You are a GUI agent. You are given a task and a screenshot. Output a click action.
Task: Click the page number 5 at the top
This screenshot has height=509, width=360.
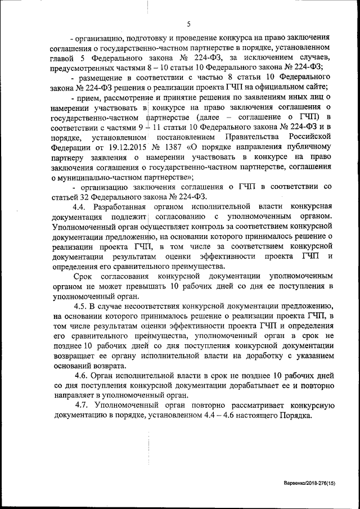click(x=188, y=24)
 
